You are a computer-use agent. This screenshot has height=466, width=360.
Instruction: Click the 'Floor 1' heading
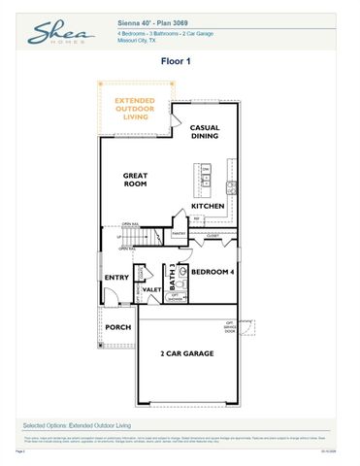click(x=180, y=60)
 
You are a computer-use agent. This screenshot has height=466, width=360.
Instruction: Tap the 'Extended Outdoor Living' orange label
click(x=134, y=108)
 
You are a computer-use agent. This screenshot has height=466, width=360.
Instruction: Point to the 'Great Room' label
click(x=134, y=181)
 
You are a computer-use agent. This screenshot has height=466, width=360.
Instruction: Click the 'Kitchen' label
click(x=208, y=206)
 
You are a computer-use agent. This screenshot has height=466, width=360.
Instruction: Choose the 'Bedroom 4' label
click(x=212, y=273)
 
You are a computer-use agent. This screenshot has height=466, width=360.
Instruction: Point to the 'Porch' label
click(x=118, y=327)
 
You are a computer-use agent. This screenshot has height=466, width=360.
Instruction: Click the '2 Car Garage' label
click(x=186, y=353)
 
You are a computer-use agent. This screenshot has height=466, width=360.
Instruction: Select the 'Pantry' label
click(x=180, y=234)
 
